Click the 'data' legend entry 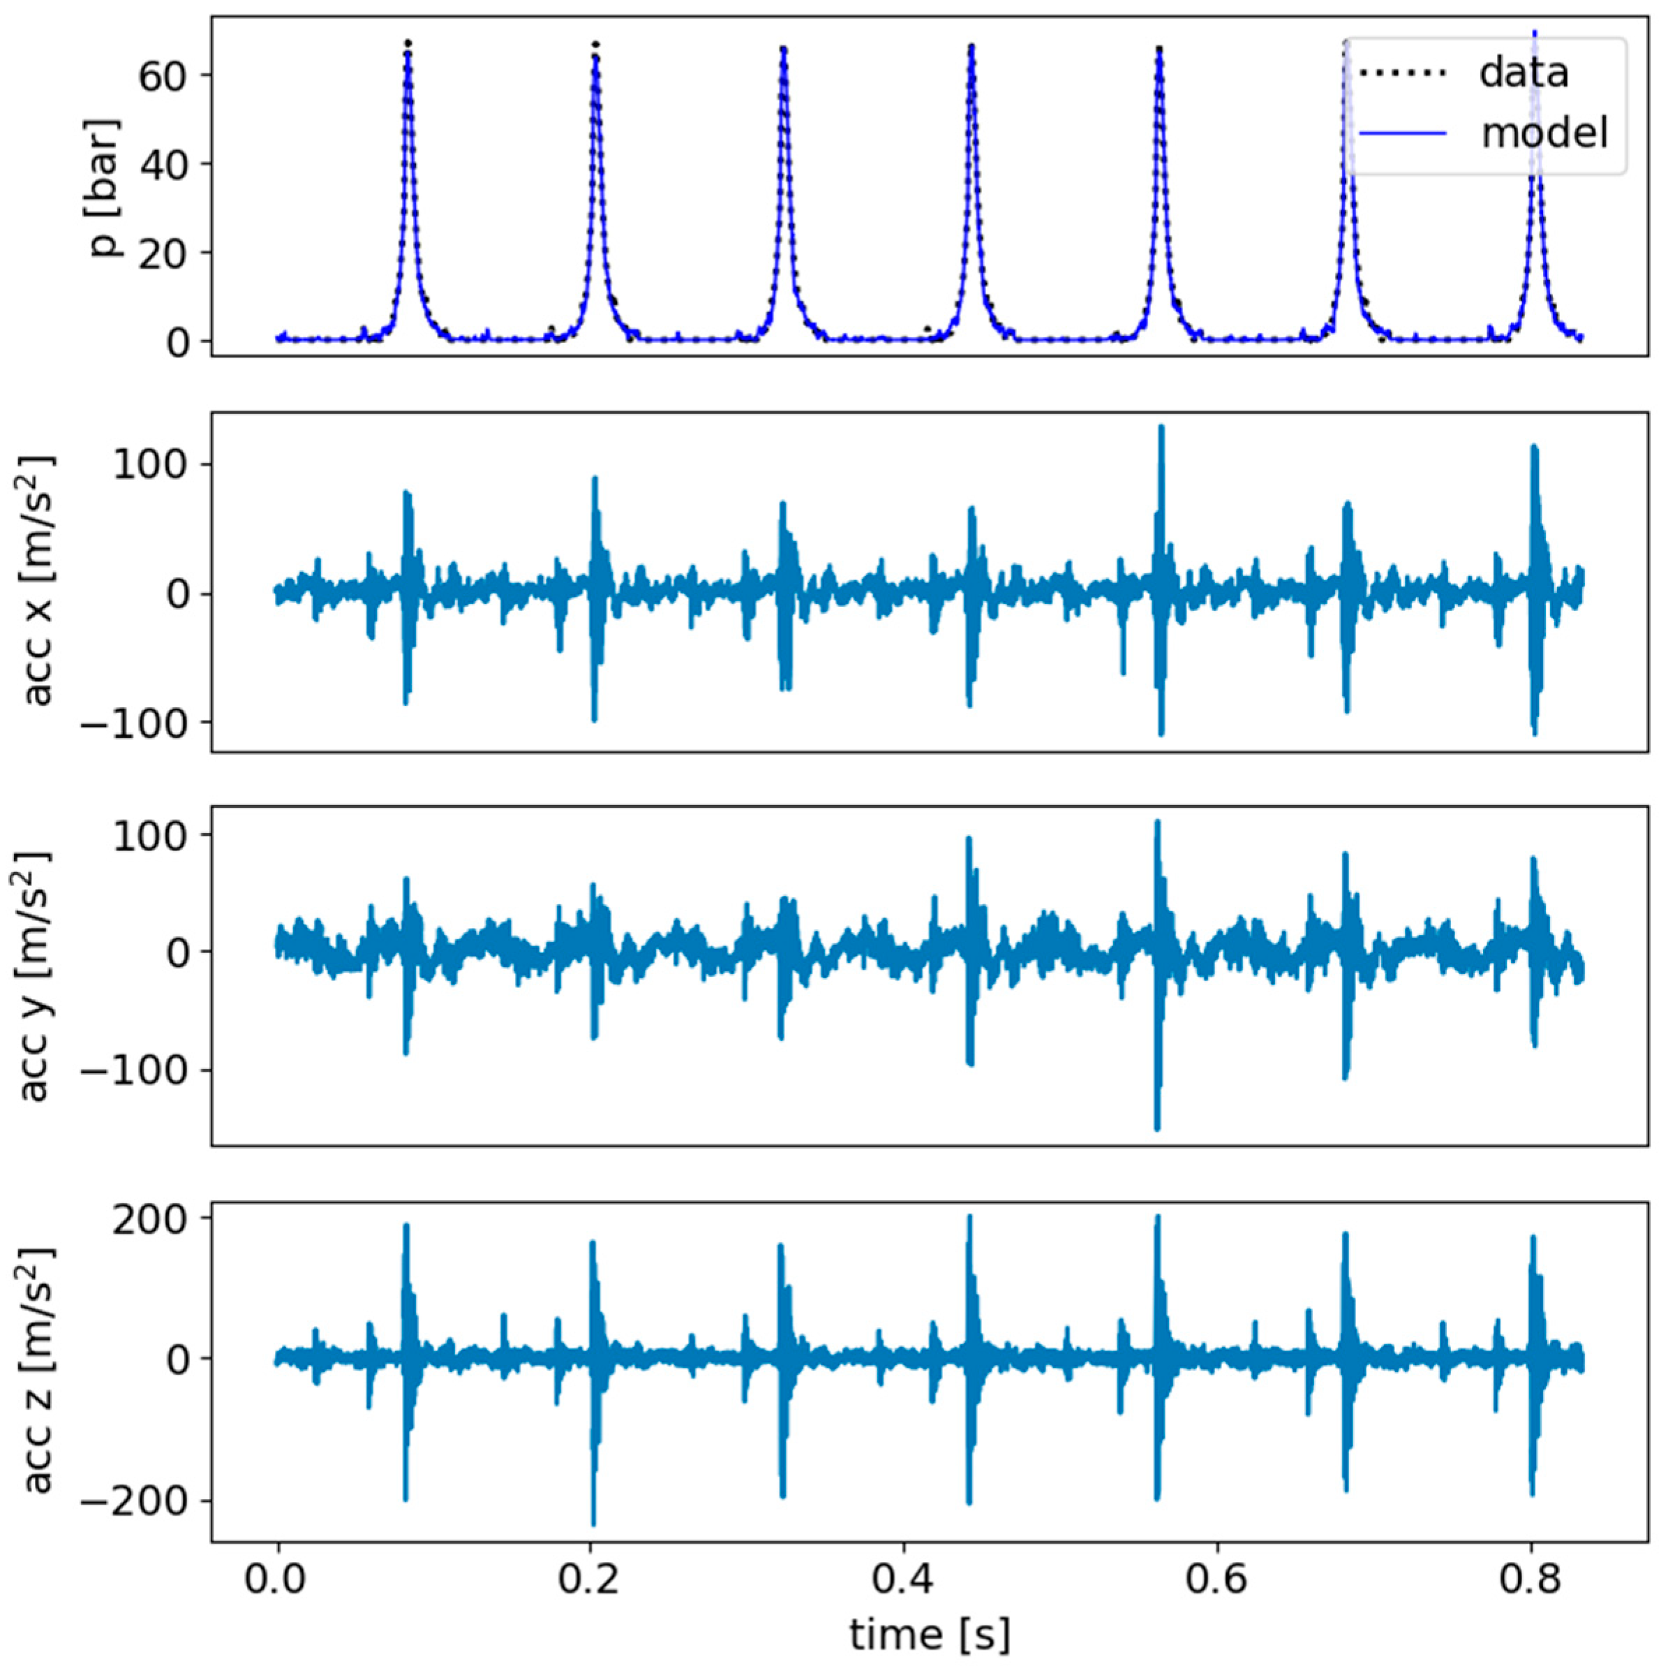[x=1523, y=73]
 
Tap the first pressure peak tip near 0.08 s [x=408, y=43]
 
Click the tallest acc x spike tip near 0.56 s [x=1161, y=427]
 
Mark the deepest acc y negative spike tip [x=1158, y=1128]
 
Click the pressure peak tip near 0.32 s [x=783, y=48]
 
